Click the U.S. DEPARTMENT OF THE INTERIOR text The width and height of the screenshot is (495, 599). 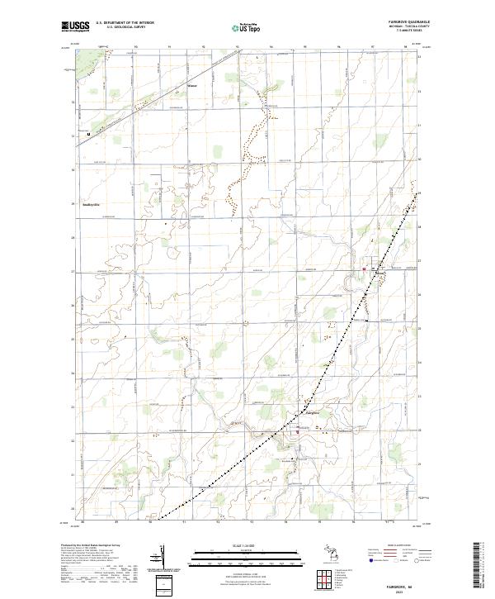click(125, 23)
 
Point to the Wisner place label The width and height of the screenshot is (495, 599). click(193, 86)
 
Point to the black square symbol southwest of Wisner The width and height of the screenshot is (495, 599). click(87, 133)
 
